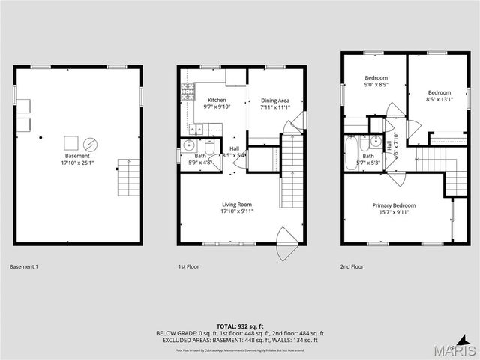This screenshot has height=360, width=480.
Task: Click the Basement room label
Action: [x=76, y=156]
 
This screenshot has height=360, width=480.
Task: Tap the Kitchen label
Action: [x=217, y=100]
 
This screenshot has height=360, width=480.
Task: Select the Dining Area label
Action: [x=274, y=100]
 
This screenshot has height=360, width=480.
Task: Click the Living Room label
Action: [x=237, y=205]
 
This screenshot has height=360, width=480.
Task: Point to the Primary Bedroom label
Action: [x=394, y=205]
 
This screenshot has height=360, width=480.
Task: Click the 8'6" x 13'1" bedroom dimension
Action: [x=439, y=100]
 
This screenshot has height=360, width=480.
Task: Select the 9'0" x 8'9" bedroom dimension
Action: [x=376, y=85]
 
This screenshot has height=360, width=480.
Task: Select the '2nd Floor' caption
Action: [x=352, y=266]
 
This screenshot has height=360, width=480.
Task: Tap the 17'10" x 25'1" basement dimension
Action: [x=76, y=163]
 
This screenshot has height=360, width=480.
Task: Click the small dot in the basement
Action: [x=41, y=137]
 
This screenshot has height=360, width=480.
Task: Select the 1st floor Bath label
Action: [x=200, y=156]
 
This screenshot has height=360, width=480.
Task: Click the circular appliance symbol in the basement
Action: [x=90, y=142]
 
